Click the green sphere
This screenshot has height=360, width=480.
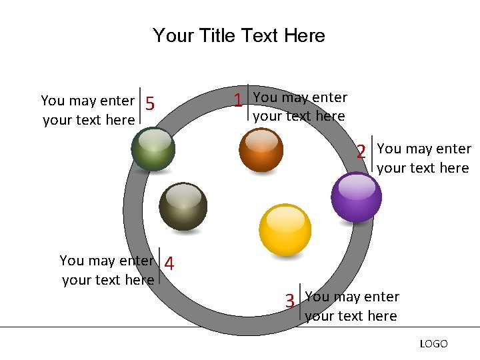point(153,149)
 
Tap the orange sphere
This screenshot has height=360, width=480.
point(261,150)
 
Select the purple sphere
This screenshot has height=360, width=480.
point(357,197)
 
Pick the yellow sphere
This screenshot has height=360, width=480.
point(285,229)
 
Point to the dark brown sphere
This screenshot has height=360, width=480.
point(183,206)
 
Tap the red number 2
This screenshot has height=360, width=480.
point(361,152)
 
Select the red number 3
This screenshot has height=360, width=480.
point(290,301)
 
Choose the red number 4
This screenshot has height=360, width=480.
point(169,265)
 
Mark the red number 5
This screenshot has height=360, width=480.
point(150,104)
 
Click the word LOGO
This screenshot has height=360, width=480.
point(433,344)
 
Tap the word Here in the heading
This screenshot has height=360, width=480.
point(304,35)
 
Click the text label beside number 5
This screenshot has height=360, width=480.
point(88,110)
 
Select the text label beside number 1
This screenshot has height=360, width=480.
point(300,107)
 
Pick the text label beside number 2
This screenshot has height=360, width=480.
point(423,159)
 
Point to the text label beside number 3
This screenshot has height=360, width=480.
point(351,306)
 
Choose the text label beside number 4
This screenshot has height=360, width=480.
point(107,270)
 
